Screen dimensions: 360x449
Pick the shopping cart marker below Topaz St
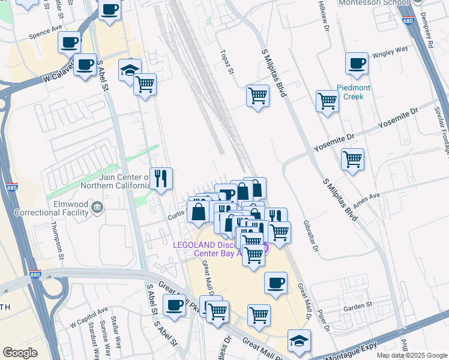pos(258,95)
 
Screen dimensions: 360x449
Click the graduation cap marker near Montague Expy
pos(299,340)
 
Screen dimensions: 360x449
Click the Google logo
pos(20,353)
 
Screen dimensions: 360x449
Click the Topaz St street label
pos(229,61)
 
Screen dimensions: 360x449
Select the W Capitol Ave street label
pos(88,318)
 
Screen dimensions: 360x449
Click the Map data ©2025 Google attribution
pos(411,355)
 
